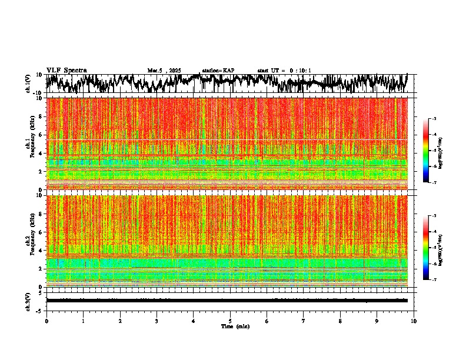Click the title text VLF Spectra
(66, 71)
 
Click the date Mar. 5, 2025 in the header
(166, 71)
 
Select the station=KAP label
(218, 71)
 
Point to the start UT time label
(284, 71)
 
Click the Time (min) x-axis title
(235, 326)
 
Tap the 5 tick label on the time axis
(230, 321)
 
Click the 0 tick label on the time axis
(46, 321)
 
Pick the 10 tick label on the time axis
(414, 321)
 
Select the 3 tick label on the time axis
(157, 321)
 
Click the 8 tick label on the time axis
(340, 321)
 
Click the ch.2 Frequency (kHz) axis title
(29, 241)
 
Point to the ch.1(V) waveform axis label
(28, 84)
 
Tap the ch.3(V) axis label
(28, 301)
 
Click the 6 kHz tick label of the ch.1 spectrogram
(40, 135)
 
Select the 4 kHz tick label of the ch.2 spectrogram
(40, 250)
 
